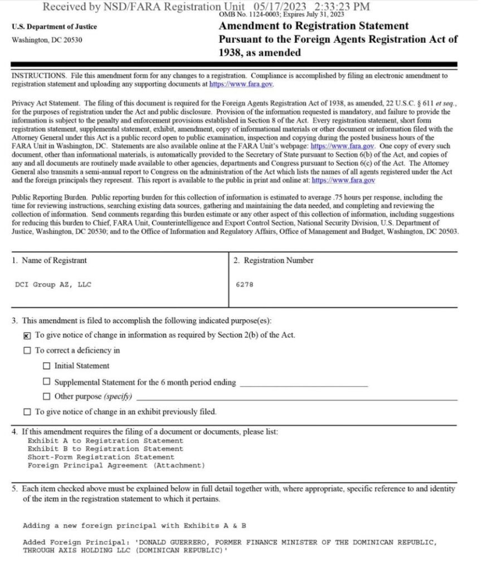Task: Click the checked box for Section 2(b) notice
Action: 28,336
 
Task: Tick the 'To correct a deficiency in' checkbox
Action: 28,351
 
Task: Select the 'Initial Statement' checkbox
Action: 47,366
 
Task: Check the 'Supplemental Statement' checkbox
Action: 47,382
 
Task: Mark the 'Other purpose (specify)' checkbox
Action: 47,396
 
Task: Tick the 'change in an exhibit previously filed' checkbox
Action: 28,412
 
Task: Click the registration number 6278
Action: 245,284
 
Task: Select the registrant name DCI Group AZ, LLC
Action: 53,284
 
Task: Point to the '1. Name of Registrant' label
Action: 50,261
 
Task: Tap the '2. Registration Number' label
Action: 273,261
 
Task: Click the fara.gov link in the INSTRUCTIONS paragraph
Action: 241,84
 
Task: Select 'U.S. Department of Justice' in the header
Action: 53,26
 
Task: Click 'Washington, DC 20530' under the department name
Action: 47,40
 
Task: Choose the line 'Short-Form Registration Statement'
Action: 101,457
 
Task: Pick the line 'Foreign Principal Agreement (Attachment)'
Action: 116,465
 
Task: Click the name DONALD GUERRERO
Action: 173,542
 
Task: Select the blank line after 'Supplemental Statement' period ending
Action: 304,383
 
